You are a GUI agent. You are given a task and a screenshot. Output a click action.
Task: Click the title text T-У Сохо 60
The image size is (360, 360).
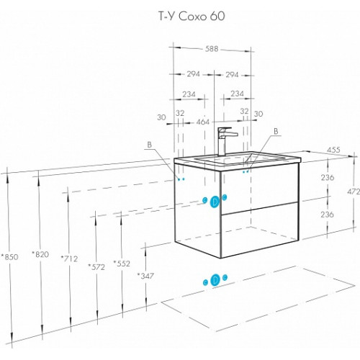[x=192, y=17]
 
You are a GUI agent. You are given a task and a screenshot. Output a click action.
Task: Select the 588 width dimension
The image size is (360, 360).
[x=212, y=49]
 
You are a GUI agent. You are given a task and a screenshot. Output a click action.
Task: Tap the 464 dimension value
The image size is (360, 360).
[x=203, y=122]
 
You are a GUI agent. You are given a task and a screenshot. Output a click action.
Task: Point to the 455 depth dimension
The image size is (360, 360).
[x=333, y=150]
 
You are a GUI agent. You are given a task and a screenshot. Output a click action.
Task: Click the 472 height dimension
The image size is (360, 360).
[x=354, y=192]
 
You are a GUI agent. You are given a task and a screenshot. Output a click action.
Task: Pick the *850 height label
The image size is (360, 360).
[x=9, y=257]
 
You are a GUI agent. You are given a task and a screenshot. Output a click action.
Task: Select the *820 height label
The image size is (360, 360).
[x=40, y=254]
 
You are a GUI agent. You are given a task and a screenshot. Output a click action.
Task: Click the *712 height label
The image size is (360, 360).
[x=69, y=258]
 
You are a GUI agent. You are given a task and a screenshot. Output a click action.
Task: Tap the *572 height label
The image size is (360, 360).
[x=96, y=266]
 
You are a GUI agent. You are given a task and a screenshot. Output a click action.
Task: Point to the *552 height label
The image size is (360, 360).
[x=122, y=264]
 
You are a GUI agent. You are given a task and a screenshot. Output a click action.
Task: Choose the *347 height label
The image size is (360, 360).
[x=145, y=276]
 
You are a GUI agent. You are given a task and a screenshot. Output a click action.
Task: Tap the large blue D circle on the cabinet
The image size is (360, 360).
[x=215, y=202]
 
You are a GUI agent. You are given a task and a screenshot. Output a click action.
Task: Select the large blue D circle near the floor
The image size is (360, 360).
[x=215, y=280]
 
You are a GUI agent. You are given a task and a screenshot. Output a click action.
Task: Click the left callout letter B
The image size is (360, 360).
[x=150, y=145]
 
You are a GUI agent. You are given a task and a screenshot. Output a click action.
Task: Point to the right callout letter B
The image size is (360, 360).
[x=276, y=131]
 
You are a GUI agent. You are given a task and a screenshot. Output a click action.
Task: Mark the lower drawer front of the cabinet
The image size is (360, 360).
[x=260, y=230]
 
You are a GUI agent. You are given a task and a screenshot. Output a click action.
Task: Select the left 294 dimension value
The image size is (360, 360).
[x=193, y=74]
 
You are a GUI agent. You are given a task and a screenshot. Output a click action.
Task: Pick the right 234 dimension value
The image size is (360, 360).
[x=237, y=94]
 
